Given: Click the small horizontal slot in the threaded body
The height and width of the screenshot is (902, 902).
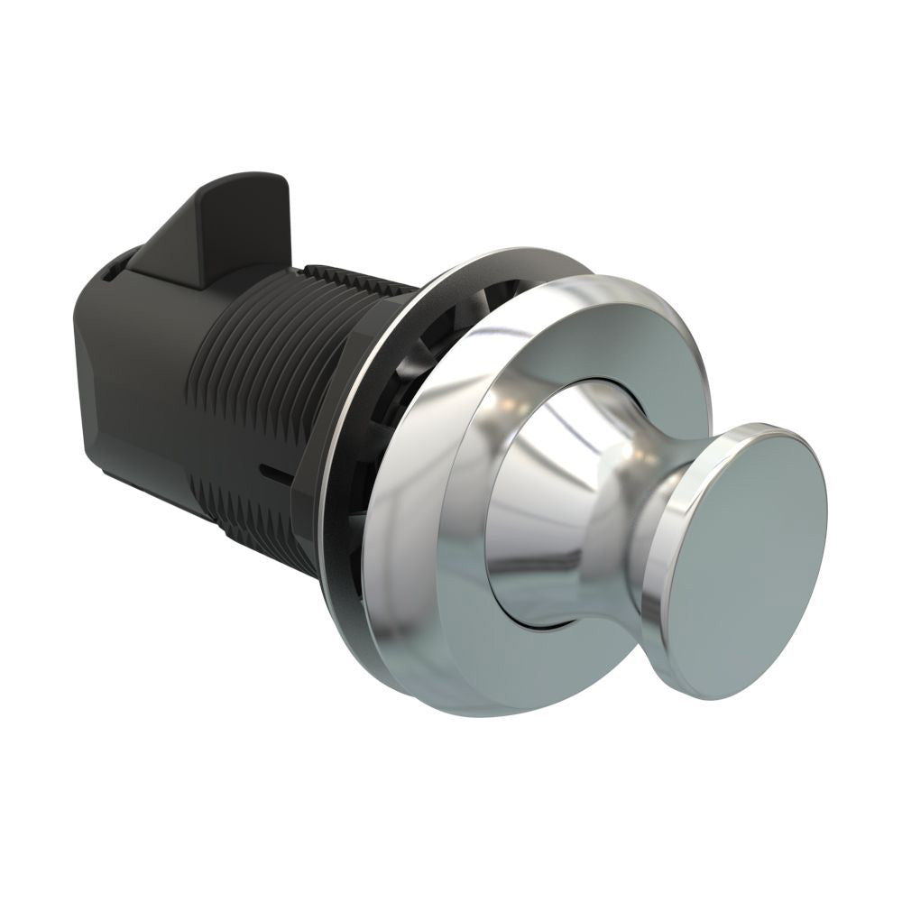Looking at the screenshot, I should point(272,470).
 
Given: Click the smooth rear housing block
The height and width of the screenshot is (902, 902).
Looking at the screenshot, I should point(126,379).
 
